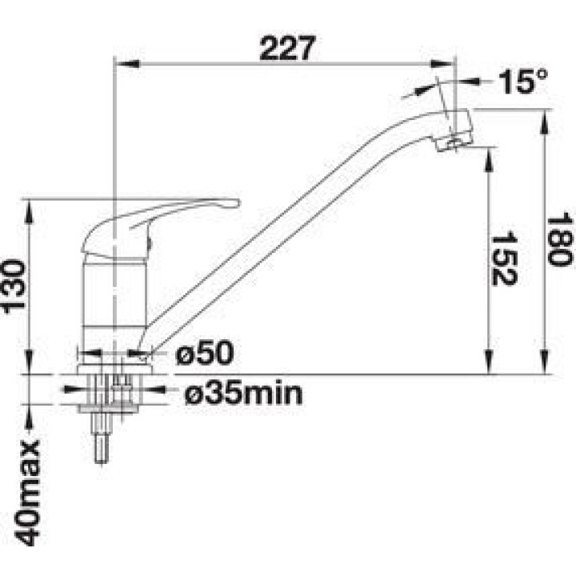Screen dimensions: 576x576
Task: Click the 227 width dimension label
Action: (287, 48)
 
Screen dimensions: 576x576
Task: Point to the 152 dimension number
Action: (504, 258)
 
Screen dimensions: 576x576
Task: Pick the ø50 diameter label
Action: (204, 353)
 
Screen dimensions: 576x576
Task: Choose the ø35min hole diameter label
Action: (243, 392)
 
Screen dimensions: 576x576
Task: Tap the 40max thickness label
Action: (26, 492)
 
